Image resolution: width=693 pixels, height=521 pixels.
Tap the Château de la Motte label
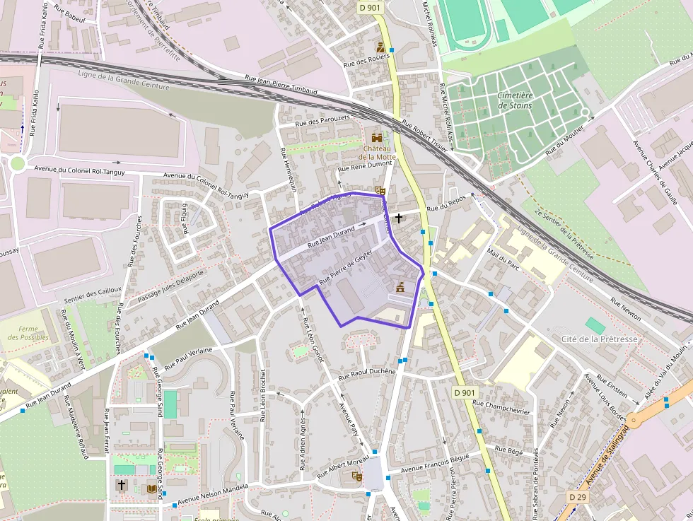(377, 153)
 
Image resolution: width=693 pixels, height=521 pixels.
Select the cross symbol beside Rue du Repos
(400, 218)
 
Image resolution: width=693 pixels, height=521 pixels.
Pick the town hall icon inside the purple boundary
(400, 288)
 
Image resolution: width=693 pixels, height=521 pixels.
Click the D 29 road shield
(577, 498)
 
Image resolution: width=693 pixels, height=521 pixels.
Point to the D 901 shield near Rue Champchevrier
(464, 392)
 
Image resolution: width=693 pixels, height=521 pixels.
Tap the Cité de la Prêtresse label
(599, 339)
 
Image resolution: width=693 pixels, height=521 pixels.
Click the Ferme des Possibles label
(29, 333)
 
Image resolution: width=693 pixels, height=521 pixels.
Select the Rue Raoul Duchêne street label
(367, 373)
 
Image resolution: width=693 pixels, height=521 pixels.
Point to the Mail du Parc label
(503, 258)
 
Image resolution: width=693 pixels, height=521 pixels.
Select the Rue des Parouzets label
(322, 121)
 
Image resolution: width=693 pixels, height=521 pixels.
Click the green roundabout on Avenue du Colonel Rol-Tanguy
(17, 164)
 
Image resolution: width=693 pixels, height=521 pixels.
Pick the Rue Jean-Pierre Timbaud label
(282, 84)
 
